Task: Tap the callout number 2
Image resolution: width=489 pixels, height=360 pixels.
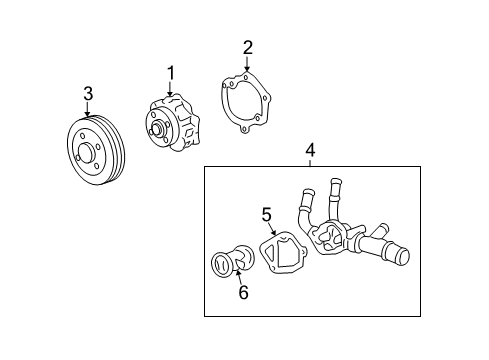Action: [x=247, y=46]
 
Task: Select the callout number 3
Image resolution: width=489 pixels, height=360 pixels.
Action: [x=88, y=93]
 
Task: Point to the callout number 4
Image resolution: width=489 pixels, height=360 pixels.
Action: [x=310, y=150]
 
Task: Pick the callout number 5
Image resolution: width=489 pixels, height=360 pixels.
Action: [x=267, y=213]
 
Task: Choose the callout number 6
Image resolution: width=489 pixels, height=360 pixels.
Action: [x=242, y=292]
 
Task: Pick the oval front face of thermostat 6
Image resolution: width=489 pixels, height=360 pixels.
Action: [x=222, y=266]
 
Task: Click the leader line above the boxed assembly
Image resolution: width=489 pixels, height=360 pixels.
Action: [x=310, y=161]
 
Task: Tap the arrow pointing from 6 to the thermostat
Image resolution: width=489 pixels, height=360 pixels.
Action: [x=239, y=277]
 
